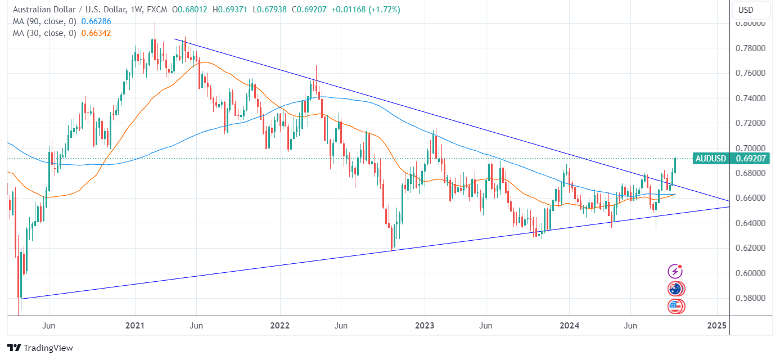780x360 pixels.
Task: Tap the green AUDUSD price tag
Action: pos(711,159)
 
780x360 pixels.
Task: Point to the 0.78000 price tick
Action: pos(752,48)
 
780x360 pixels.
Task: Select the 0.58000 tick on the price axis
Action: pos(752,298)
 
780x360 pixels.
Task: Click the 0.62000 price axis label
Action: pos(752,248)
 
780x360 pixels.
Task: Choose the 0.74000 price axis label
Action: pos(752,98)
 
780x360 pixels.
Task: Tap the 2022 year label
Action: pos(279,326)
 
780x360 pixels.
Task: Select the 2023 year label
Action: pos(425,326)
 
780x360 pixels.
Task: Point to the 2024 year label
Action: pos(570,326)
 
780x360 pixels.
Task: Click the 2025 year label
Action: pos(716,326)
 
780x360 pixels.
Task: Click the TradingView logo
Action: pos(40,348)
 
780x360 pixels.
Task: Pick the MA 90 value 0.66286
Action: pos(96,21)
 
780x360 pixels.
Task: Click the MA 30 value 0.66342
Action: pos(96,33)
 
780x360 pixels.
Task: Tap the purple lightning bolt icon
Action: pos(675,272)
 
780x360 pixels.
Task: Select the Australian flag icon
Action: pos(675,289)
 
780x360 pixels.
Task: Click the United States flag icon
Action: pos(675,307)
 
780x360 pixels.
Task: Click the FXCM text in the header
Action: pos(156,10)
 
